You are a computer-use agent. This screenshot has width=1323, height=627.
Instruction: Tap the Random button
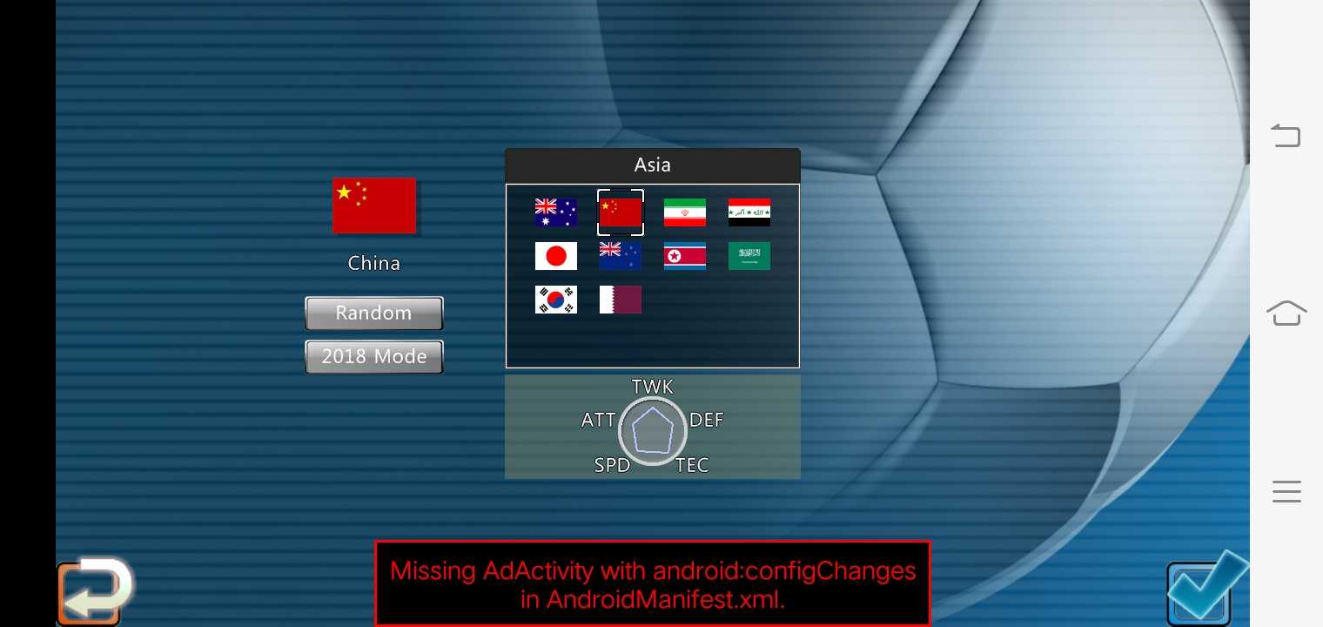pos(374,313)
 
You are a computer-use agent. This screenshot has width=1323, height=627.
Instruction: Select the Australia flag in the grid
pos(556,212)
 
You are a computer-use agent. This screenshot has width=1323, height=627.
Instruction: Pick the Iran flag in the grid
pos(684,212)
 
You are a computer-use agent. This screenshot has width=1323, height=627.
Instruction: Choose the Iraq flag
pos(749,212)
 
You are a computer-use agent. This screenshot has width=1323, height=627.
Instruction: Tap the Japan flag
pos(556,256)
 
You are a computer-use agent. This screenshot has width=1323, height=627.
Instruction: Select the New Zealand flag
pos(620,256)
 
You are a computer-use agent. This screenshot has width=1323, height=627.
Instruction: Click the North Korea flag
pos(684,256)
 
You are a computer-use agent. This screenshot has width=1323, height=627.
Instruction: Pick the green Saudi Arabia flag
pos(749,256)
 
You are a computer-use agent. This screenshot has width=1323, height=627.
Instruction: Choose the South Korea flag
pos(556,300)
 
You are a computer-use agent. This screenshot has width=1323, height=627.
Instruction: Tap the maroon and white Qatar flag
pos(620,300)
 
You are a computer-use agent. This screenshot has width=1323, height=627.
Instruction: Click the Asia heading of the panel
pos(652,165)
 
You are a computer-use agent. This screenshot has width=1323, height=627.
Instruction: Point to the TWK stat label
pos(652,387)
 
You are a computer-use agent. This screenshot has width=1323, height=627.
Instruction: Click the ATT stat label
pos(598,420)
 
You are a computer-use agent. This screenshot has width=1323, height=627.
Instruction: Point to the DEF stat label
pos(707,420)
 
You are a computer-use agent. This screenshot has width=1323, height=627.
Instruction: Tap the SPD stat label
pos(613,465)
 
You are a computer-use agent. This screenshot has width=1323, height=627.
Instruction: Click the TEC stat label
pos(692,465)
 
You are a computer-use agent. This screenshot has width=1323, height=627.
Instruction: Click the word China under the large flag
pos(374,263)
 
